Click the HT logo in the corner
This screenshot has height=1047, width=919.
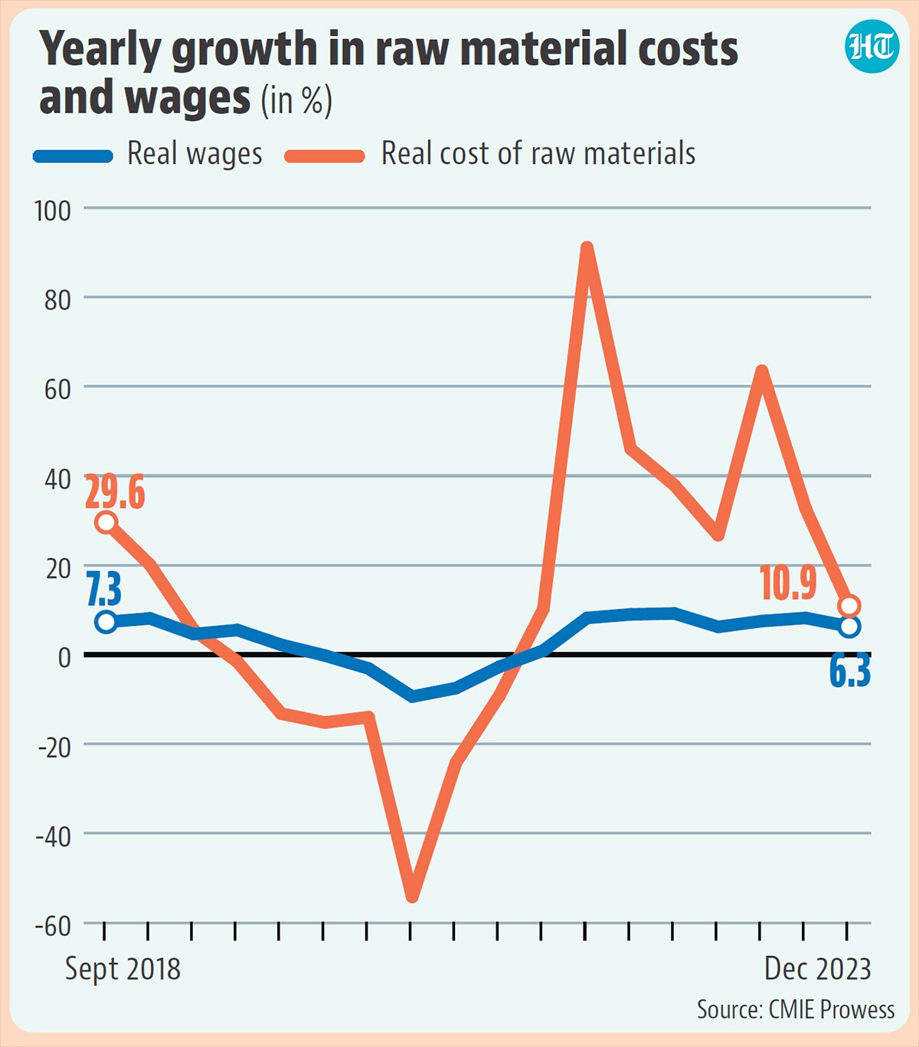tap(872, 46)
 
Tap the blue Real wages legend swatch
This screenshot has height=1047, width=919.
tap(73, 155)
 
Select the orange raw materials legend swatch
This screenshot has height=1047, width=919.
tap(325, 155)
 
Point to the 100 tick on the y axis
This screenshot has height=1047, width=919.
tap(52, 211)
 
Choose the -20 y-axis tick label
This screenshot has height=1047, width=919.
tap(54, 748)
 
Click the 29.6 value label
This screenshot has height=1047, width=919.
tap(115, 493)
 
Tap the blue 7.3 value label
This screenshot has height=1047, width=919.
tap(104, 590)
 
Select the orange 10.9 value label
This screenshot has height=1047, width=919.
tap(788, 583)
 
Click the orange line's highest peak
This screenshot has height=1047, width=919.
tap(586, 249)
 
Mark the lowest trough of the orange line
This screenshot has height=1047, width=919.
tap(412, 898)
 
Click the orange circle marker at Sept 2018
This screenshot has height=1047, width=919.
tap(106, 522)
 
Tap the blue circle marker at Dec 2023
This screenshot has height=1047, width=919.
tap(849, 627)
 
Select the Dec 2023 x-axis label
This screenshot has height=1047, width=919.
tap(818, 969)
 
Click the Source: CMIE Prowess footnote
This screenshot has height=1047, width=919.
tap(796, 1009)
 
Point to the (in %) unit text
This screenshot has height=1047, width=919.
tap(296, 100)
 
